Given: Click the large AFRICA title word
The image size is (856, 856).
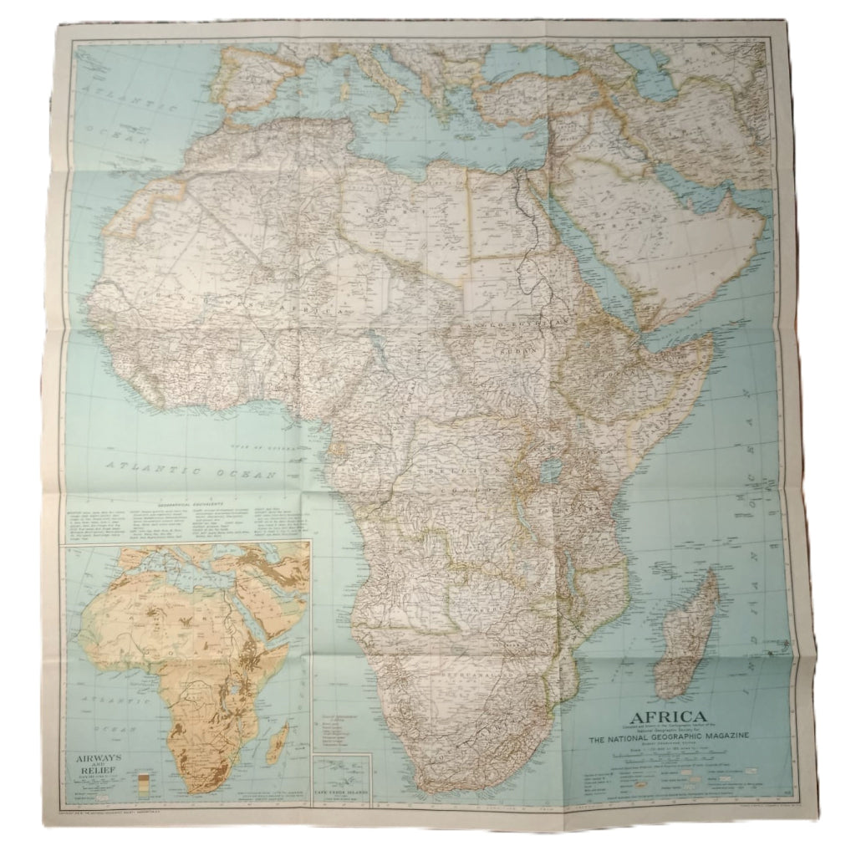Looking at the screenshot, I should (666, 717).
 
